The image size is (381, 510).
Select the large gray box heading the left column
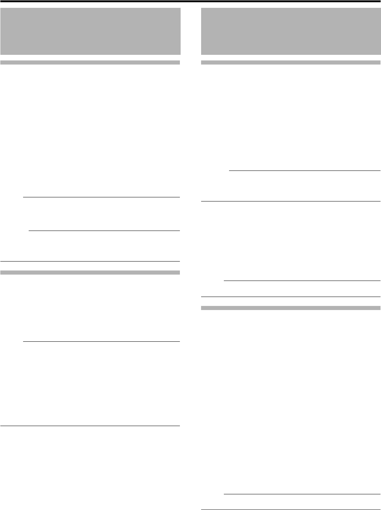(90, 31)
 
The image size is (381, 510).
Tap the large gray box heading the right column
(290, 31)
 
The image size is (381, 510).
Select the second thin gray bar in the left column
(90, 272)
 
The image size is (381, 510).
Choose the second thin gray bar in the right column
(290, 308)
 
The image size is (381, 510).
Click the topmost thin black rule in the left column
(101, 197)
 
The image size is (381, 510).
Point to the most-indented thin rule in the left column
(104, 231)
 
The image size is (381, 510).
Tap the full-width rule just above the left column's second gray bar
(90, 261)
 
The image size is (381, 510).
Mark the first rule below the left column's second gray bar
(101, 341)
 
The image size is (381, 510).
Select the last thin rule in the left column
(90, 426)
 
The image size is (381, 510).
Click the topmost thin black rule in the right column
(305, 171)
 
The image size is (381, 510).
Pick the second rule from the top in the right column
(290, 201)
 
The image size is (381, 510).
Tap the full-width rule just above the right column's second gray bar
(290, 297)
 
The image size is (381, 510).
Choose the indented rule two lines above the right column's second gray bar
(302, 281)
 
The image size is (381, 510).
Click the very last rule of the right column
(290, 510)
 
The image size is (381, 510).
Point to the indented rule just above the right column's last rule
(302, 494)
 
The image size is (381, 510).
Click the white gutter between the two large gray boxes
(191, 31)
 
